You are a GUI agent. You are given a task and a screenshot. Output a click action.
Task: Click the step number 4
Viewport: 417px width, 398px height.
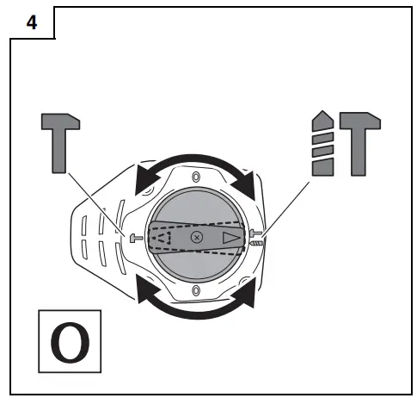coord(32,23)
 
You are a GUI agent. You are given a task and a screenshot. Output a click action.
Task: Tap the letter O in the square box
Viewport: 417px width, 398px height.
coord(68,343)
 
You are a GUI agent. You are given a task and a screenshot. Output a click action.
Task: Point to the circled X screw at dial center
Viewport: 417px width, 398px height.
coord(197,235)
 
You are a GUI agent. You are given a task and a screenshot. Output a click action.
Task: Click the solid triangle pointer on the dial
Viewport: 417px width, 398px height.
coord(232,236)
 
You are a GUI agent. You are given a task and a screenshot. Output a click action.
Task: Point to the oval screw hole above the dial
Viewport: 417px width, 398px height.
coord(197,178)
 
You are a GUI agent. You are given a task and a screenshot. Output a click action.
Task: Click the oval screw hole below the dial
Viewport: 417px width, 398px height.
coord(197,290)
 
